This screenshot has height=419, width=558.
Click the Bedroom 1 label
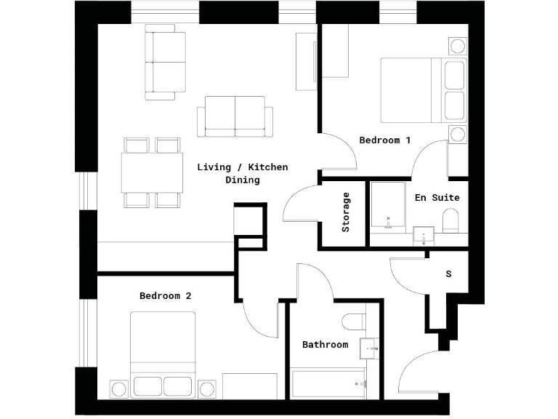pyautogui.click(x=385, y=140)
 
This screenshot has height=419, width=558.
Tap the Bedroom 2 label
pyautogui.click(x=166, y=296)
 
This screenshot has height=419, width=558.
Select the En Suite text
pyautogui.click(x=437, y=197)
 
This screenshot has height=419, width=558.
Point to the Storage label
pyautogui.click(x=346, y=212)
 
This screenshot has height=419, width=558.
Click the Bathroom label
pyautogui.click(x=325, y=345)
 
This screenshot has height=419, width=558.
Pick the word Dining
pyautogui.click(x=243, y=180)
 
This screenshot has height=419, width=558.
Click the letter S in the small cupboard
pyautogui.click(x=448, y=274)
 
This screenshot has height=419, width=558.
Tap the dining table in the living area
pyautogui.click(x=152, y=173)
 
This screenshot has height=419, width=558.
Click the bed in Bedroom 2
pyautogui.click(x=163, y=346)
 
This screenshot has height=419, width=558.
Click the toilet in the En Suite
pyautogui.click(x=450, y=220)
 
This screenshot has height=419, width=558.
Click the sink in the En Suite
pyautogui.click(x=424, y=236)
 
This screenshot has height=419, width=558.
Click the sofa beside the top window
pyautogui.click(x=160, y=62)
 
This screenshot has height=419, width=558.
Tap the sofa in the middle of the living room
pyautogui.click(x=235, y=116)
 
